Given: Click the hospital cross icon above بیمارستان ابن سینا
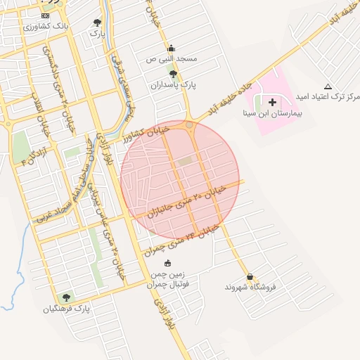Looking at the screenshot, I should point(273,103).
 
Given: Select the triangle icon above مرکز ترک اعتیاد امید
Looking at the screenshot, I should point(328,86).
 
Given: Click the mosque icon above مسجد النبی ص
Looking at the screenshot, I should point(171,49).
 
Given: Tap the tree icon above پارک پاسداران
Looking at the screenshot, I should point(173,73).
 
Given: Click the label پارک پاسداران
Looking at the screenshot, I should point(172,84).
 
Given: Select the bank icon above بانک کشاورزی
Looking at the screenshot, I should point(46,15).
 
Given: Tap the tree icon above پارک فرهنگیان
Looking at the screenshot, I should point(67,297).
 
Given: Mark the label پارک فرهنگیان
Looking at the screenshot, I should point(67,309).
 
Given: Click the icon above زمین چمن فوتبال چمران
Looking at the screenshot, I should point(167,264).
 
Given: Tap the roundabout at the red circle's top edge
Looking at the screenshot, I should point(190,125).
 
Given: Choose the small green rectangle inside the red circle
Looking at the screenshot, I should point(185,162).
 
